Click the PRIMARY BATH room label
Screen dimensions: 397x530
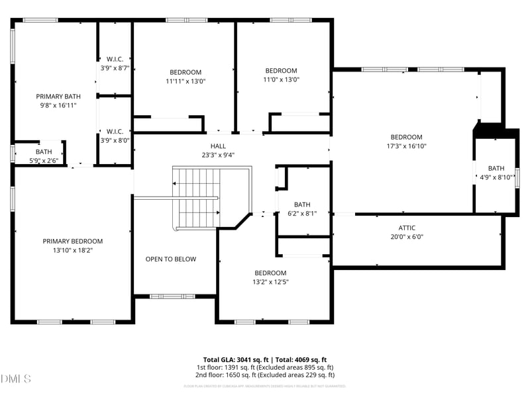[x=58, y=97]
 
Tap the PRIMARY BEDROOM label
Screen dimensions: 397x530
[x=73, y=242]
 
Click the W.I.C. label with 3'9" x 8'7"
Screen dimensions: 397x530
[x=115, y=60]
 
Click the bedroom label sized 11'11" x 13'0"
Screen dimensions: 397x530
[x=185, y=72]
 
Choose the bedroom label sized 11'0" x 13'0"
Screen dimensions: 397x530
[x=281, y=71]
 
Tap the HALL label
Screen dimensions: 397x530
[x=218, y=146]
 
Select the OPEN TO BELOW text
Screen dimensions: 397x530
[x=171, y=259]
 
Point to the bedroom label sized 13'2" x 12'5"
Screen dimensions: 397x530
[x=270, y=273]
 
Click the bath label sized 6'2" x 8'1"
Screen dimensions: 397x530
[x=302, y=205]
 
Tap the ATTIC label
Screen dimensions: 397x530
[x=407, y=228]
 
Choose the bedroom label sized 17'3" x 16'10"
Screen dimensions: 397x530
[x=406, y=138]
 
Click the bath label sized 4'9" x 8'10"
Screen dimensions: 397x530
[x=496, y=169]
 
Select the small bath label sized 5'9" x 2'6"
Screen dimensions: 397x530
[x=44, y=152]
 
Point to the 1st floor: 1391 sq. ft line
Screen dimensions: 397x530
[x=265, y=367]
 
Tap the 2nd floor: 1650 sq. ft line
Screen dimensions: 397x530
[x=265, y=375]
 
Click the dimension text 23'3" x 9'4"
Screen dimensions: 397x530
[x=218, y=155]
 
